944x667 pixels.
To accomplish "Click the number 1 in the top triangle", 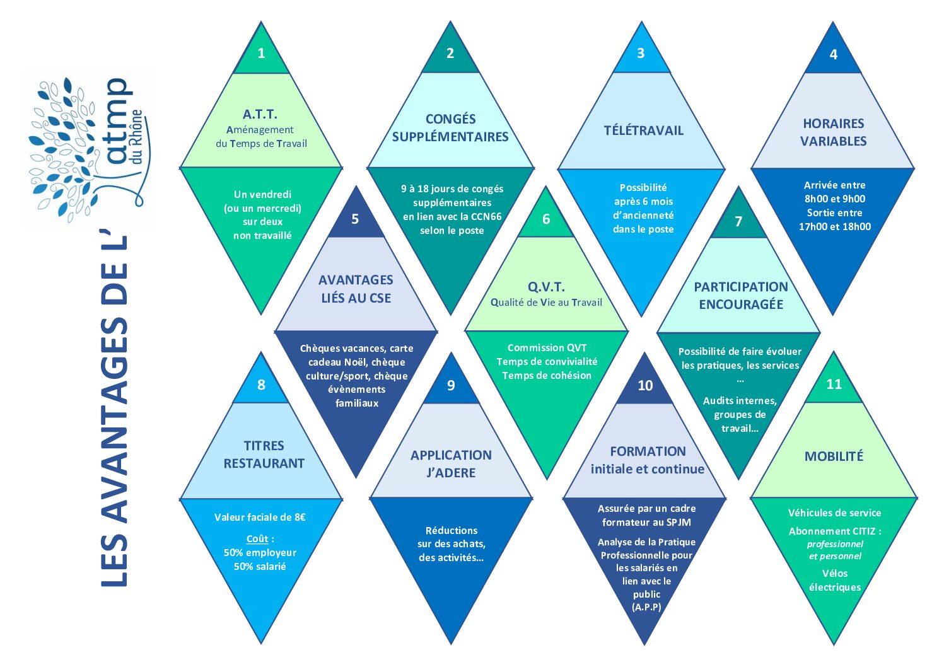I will tap(261, 54).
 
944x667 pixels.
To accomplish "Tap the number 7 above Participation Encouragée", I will tap(738, 221).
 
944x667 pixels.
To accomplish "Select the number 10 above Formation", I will tap(644, 386).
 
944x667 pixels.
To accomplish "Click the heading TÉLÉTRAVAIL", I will tap(643, 130).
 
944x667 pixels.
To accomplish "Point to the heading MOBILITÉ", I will tap(834, 456).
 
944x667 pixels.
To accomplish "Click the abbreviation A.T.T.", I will tap(260, 114).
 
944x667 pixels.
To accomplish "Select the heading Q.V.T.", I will tap(546, 287).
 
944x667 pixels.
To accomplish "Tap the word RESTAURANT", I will tap(264, 463).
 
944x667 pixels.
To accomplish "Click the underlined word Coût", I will tap(257, 539).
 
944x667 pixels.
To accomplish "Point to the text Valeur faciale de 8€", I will tap(260, 518).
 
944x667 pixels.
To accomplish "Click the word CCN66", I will tap(486, 216).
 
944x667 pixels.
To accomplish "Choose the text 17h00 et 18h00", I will tap(834, 227).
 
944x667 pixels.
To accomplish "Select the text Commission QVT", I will tap(547, 348).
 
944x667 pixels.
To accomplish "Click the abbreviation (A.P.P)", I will tap(646, 607).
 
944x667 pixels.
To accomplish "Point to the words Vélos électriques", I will tap(834, 581).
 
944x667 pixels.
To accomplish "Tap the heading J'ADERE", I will tap(451, 473).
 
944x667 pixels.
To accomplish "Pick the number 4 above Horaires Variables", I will tap(833, 55).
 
